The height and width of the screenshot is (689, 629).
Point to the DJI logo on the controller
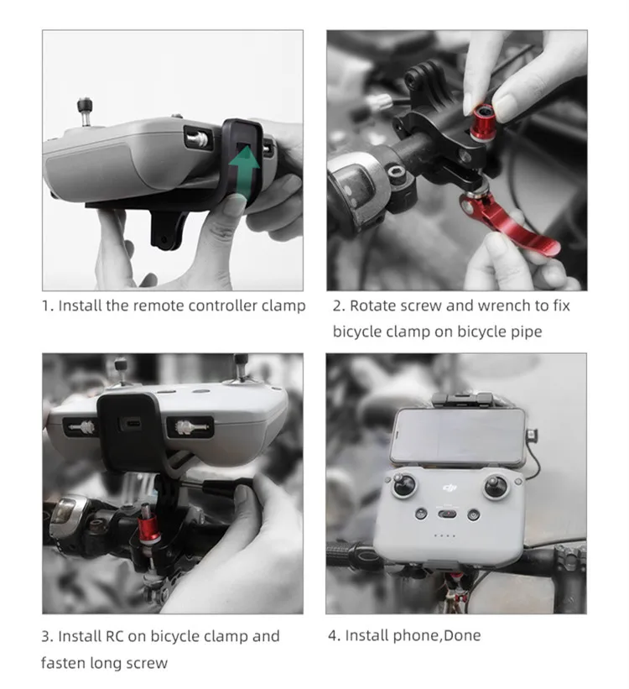[x=450, y=488]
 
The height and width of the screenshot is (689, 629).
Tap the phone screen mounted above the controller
[x=458, y=436]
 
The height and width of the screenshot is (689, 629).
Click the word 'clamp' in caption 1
[x=283, y=305]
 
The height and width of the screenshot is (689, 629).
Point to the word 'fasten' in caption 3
[x=63, y=663]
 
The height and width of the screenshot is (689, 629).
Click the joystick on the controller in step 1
[x=86, y=111]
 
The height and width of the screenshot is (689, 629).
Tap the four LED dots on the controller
[x=444, y=535]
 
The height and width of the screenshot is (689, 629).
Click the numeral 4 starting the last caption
[x=332, y=635]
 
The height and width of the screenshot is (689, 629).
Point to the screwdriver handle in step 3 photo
[x=224, y=486]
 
